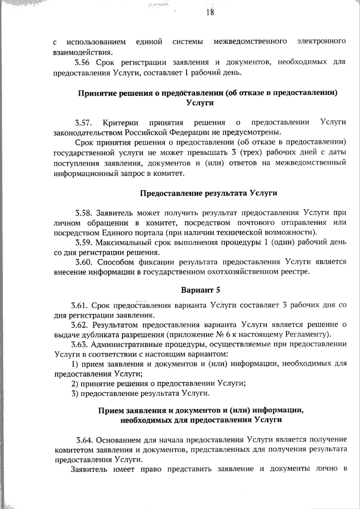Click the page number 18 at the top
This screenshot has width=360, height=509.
coord(210,12)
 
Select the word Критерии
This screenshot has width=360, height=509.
coord(120,123)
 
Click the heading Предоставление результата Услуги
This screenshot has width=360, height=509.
coord(208,193)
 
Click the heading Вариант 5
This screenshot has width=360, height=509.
coord(200,290)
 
